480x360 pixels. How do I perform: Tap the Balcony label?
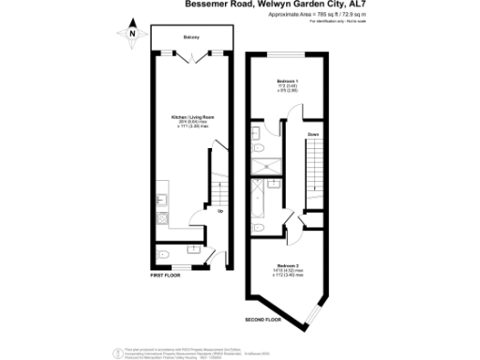click(x=190, y=37)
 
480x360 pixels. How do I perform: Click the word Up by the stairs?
click(x=220, y=210)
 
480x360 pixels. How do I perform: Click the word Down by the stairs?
click(x=313, y=135)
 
